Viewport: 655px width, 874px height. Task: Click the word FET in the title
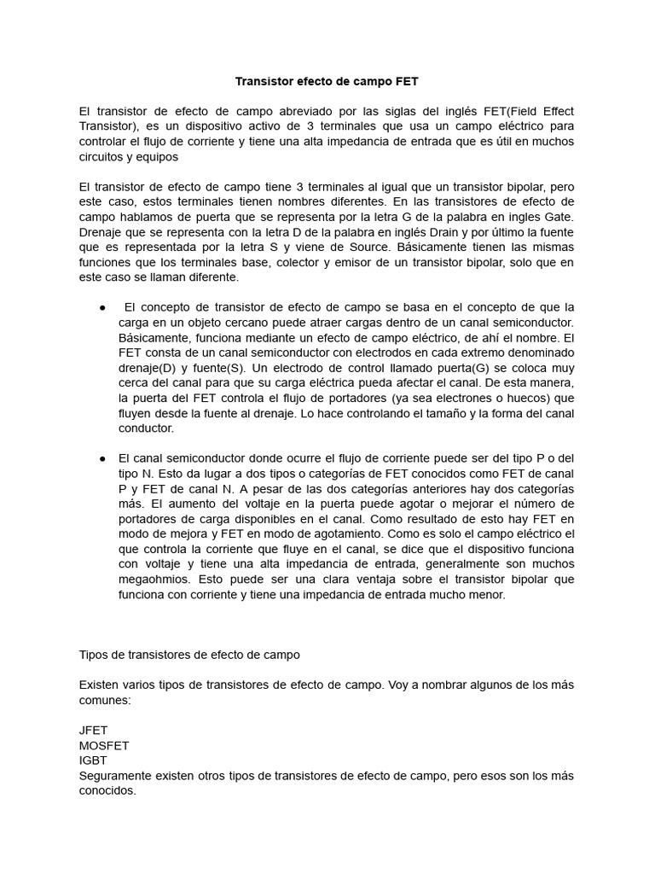click(407, 82)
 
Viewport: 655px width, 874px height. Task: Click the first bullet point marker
click(102, 307)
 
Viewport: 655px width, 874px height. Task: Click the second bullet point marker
click(102, 458)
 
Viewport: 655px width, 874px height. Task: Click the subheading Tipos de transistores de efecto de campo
click(189, 655)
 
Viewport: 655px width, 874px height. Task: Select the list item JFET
click(93, 731)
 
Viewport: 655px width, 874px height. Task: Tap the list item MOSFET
click(103, 746)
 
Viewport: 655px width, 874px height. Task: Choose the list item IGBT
click(93, 760)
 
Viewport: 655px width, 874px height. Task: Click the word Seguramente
click(116, 776)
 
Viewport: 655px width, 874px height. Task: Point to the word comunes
click(105, 700)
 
